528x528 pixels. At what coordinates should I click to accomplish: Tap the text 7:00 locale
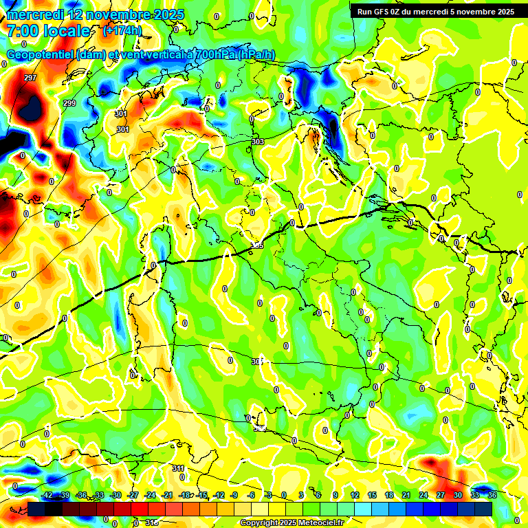point(48,31)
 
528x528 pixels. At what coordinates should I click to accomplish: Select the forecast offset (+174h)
point(122,30)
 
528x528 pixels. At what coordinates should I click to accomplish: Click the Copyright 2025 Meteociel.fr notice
point(291,522)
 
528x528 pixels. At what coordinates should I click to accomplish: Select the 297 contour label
point(30,78)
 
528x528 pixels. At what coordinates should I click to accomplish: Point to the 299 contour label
point(69,103)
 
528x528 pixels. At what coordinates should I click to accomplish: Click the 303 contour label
point(258,142)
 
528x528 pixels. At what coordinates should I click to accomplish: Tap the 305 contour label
point(258,245)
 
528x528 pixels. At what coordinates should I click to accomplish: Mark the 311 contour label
point(178,468)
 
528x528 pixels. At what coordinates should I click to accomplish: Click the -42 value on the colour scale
point(47,495)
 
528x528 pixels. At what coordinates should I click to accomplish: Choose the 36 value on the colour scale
point(492,495)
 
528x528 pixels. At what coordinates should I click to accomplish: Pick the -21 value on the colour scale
point(167,495)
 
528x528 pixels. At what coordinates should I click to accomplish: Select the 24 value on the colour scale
point(423,495)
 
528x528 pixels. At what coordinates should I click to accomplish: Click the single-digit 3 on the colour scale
point(301,495)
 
